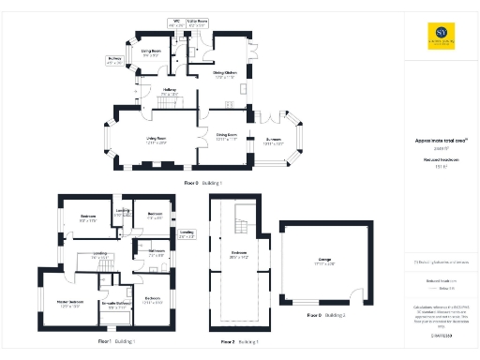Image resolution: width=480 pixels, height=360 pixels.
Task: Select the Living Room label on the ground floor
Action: [155, 142]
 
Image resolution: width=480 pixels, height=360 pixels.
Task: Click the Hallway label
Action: [170, 92]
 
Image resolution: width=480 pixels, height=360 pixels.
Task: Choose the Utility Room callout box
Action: [197, 21]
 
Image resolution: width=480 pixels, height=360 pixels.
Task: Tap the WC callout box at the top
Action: [175, 21]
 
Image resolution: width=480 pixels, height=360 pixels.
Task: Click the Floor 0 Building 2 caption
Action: [326, 315]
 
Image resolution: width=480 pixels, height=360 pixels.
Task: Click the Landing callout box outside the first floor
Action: [187, 233]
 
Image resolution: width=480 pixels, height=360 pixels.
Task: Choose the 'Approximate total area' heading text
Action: [436, 141]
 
